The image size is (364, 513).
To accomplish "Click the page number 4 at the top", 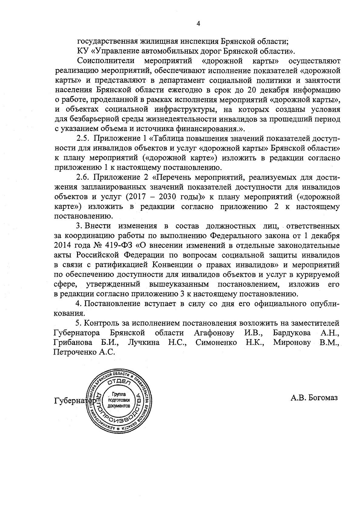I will [x=198, y=24].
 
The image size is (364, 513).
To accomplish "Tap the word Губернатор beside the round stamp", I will [x=73, y=401].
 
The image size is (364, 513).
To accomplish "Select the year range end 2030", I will [x=168, y=196].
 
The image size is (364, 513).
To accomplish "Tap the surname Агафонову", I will [x=214, y=333].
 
